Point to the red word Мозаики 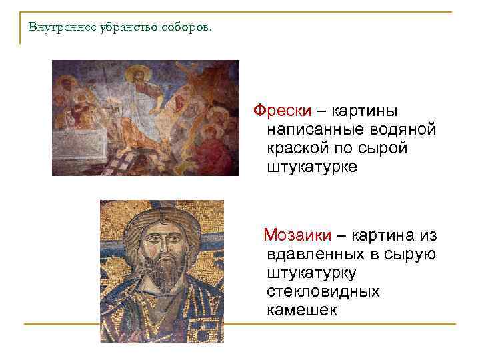tap(297, 235)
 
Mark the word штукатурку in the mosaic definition tap(311, 273)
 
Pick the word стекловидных tap(323, 291)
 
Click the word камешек tap(302, 310)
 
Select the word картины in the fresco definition tap(399, 110)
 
